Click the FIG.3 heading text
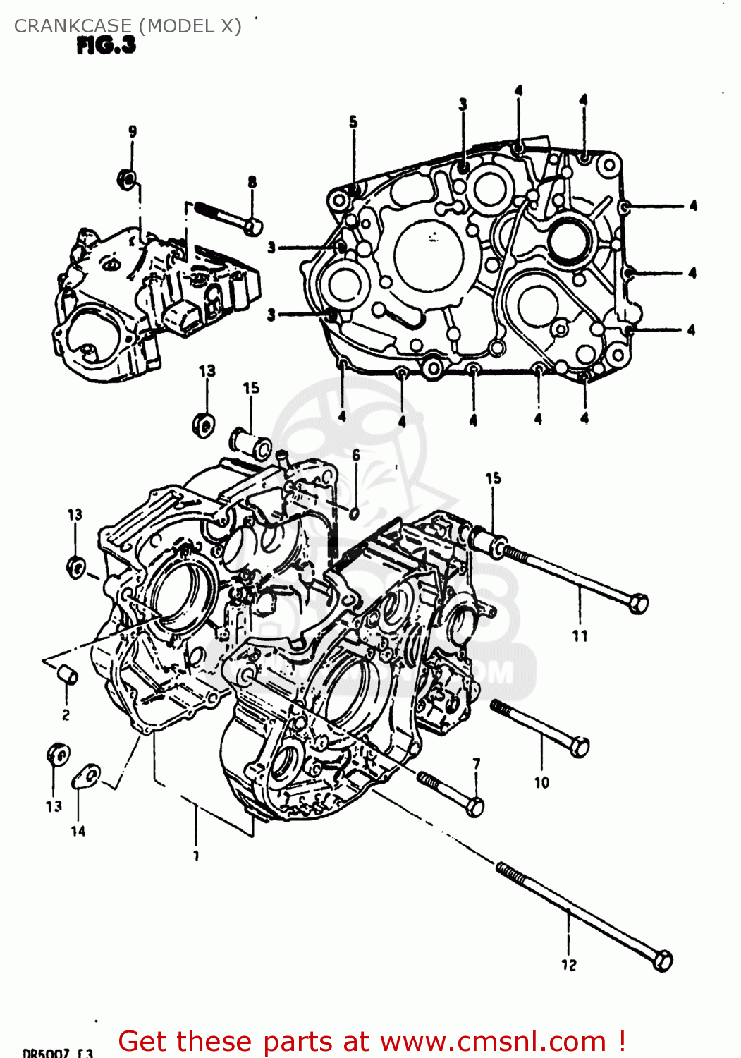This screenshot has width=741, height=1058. coord(106,46)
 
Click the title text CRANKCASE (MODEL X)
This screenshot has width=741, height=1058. coord(128,26)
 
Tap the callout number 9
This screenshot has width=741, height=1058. coord(133,131)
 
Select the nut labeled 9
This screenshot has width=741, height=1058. coord(126,179)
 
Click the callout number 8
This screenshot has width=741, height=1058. coord(252,182)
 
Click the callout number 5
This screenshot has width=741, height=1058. coord(353,122)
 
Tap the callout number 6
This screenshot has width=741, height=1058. coord(356,455)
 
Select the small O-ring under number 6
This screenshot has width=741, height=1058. coord(355,511)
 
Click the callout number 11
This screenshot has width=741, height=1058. coord(580,636)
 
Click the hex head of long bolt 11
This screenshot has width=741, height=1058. coord(638,604)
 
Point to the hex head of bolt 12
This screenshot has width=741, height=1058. coord(662,961)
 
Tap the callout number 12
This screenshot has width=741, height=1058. coord(569,965)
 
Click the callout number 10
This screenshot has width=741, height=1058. coord(541,782)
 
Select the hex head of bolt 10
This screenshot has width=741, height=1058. coord(580,746)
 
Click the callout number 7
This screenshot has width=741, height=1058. coord(477,763)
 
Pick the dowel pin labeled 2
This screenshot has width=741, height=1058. coord(68,674)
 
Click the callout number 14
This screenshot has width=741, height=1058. coord(78,831)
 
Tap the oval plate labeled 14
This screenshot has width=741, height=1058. coord(87,776)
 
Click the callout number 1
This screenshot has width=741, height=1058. coord(196,856)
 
